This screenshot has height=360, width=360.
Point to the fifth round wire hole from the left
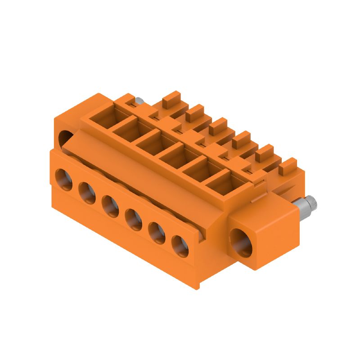click(157, 232)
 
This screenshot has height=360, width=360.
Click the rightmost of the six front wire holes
click(180, 246)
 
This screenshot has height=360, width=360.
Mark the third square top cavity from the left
click(150, 143)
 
